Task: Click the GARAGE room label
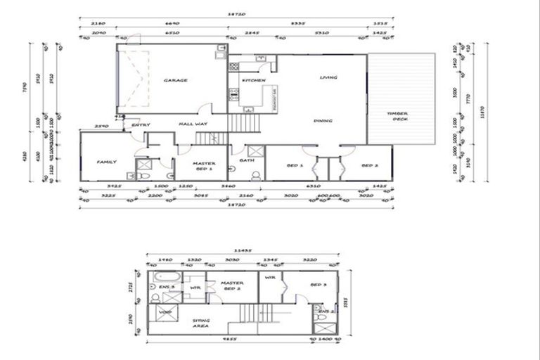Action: click(175, 81)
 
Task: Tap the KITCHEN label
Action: click(253, 81)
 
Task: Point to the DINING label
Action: click(323, 121)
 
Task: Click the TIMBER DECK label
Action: click(397, 117)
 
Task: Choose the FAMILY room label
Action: click(106, 162)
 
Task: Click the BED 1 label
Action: click(295, 166)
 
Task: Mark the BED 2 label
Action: click(370, 166)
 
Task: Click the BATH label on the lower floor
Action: click(246, 160)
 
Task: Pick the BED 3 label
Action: click(319, 285)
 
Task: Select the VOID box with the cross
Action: click(165, 312)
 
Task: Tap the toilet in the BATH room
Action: click(256, 174)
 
